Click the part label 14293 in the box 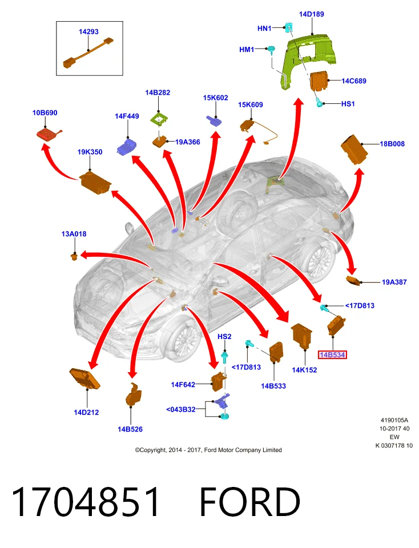[88, 32]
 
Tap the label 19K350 [90, 152]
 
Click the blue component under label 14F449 [127, 146]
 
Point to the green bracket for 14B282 [159, 120]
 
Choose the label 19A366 [188, 142]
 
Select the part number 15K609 [251, 105]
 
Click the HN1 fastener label [264, 29]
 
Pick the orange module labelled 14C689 [320, 80]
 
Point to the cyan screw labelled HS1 [319, 104]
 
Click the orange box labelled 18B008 [354, 150]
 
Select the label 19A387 [394, 283]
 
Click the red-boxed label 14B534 [332, 355]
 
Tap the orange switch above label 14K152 [301, 335]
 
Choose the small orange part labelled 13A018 [74, 257]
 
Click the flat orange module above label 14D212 [84, 378]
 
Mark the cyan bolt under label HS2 [224, 357]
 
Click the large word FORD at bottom [250, 502]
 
